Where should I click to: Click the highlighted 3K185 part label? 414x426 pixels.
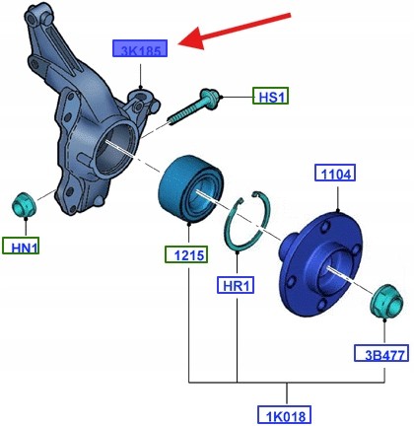point(140,48)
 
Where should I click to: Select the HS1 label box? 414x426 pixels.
point(270,96)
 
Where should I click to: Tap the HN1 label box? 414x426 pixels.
point(21,246)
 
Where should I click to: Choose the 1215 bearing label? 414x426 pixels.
point(186,254)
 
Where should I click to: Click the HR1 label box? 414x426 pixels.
point(236,285)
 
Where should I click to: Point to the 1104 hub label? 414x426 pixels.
point(335,173)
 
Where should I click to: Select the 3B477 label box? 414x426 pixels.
point(381,353)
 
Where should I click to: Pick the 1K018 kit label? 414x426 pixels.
point(284,415)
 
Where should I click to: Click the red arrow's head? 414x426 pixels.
point(191,38)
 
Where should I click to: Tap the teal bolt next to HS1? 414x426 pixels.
point(193,106)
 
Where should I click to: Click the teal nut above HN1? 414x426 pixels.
point(24,204)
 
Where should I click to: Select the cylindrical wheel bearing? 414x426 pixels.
point(190,189)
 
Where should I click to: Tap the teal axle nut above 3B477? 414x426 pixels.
point(386,302)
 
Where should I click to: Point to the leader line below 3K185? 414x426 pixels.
point(140,76)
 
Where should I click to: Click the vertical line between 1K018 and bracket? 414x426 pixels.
point(287,393)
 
